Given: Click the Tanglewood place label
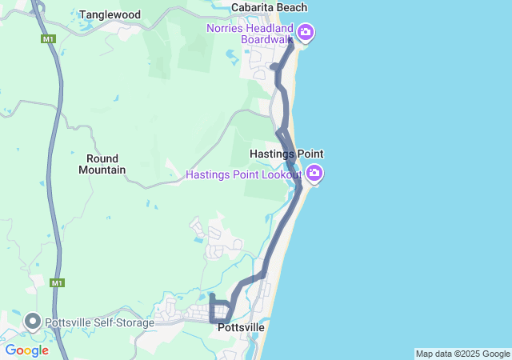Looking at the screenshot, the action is (x=110, y=14).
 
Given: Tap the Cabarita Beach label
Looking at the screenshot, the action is (x=269, y=7).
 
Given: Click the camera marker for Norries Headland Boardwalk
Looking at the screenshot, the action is (x=306, y=32).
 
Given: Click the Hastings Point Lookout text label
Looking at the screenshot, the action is (x=243, y=174).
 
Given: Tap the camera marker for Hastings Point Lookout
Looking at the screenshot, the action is (x=314, y=173).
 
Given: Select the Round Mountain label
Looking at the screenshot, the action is (x=102, y=164).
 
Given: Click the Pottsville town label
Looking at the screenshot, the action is (x=241, y=327).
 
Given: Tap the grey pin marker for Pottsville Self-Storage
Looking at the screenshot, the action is (x=33, y=322).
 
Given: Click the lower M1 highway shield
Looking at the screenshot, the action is (x=56, y=282).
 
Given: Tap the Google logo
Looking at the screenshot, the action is (x=26, y=350).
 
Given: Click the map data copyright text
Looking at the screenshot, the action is (x=462, y=354).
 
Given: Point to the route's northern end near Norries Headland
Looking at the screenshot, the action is (x=290, y=38).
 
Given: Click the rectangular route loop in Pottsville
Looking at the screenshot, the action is (x=221, y=310).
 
